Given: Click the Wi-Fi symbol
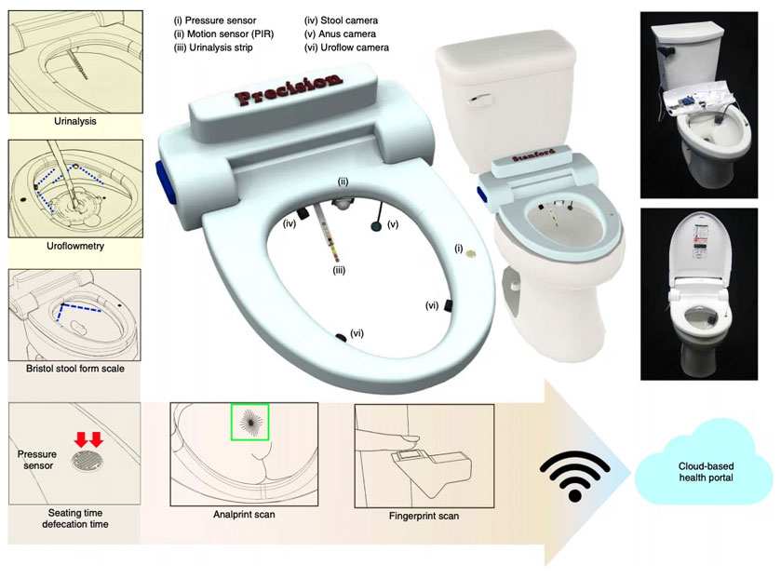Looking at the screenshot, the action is pyautogui.click(x=574, y=476).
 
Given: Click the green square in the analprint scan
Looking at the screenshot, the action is pyautogui.click(x=250, y=422).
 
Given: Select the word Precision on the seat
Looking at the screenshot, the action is pyautogui.click(x=289, y=88).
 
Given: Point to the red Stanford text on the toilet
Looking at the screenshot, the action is pyautogui.click(x=534, y=154).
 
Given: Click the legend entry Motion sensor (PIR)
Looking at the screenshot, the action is pyautogui.click(x=223, y=34).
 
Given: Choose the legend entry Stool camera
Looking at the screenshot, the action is pyautogui.click(x=342, y=20).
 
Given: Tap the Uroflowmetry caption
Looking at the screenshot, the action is pyautogui.click(x=75, y=246).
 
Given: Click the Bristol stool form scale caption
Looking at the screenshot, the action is pyautogui.click(x=75, y=369).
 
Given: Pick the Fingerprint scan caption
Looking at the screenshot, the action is pyautogui.click(x=424, y=516).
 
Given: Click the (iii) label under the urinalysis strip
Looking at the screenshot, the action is pyautogui.click(x=339, y=270).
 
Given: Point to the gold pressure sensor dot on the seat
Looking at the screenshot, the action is pyautogui.click(x=471, y=254).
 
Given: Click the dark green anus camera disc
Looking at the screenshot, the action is pyautogui.click(x=377, y=227).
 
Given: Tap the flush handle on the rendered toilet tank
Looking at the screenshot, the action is pyautogui.click(x=481, y=100).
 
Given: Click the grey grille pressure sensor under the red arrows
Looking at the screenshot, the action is pyautogui.click(x=87, y=461).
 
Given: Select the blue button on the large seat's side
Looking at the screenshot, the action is pyautogui.click(x=167, y=181).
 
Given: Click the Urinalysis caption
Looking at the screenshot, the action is pyautogui.click(x=75, y=121).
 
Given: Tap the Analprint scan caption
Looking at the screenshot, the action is pyautogui.click(x=244, y=514).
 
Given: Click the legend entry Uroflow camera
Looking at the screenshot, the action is pyautogui.click(x=346, y=47).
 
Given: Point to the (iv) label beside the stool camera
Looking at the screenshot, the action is pyautogui.click(x=290, y=223).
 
